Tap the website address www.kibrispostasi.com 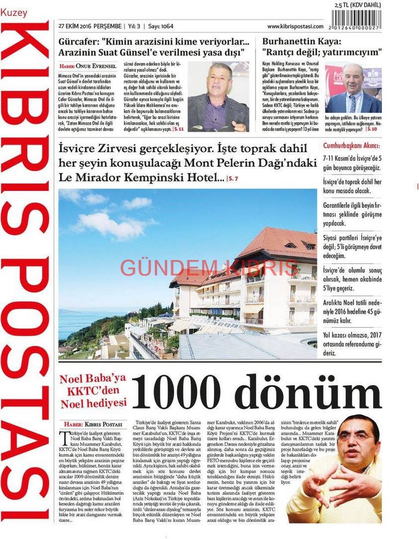[x=295, y=26]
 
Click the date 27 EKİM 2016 [x=74, y=26]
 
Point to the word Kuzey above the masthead [x=14, y=13]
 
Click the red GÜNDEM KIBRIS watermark [x=209, y=268]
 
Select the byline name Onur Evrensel [x=96, y=66]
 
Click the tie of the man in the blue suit [x=352, y=104]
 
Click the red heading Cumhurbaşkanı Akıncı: [x=351, y=146]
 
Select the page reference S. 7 [x=232, y=178]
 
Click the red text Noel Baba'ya [x=93, y=379]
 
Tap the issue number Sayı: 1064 [x=161, y=26]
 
